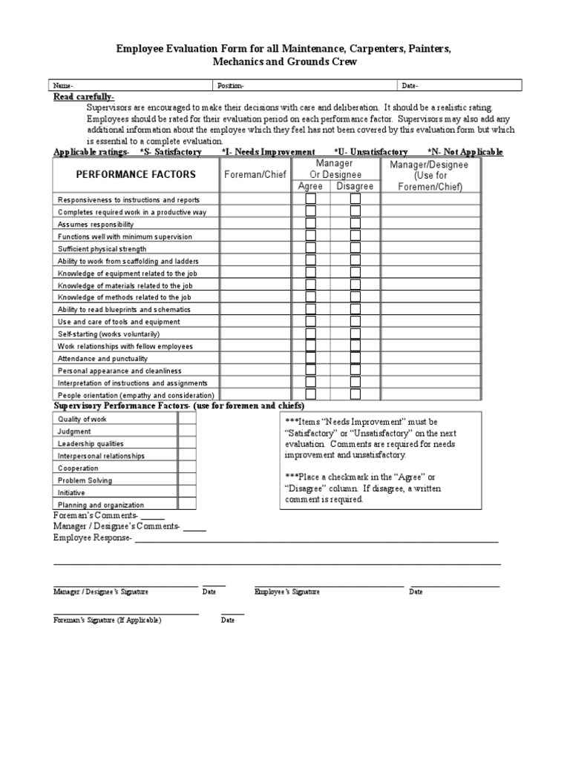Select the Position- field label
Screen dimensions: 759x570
pos(229,85)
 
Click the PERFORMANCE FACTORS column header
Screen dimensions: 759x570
pos(135,175)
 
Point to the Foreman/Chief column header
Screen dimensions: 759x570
pos(255,175)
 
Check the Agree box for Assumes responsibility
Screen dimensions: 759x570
pos(310,224)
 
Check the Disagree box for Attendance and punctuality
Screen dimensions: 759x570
pos(356,358)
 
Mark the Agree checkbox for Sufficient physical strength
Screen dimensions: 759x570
pos(310,248)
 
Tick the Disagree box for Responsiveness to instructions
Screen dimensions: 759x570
pos(356,199)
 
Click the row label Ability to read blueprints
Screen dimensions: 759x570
pos(124,309)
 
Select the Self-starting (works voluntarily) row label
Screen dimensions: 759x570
pos(108,334)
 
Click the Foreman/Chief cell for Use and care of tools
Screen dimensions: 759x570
pos(255,322)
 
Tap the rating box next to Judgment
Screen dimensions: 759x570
pos(187,431)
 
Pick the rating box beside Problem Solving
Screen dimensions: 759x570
pos(187,480)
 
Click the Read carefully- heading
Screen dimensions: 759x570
pos(84,97)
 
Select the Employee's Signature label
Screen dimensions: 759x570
pos(287,592)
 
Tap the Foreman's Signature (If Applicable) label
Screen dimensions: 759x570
pos(107,620)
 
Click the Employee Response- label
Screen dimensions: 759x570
pos(93,537)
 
